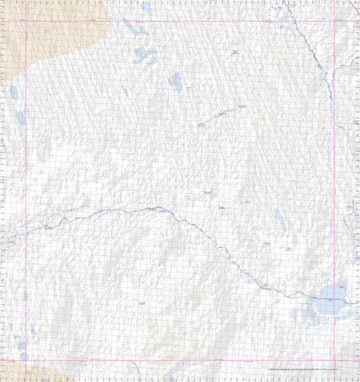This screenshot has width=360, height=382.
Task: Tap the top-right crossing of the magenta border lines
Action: [x=334, y=21]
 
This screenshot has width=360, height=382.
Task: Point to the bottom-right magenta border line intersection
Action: [x=334, y=360]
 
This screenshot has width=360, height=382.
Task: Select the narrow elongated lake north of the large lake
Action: [x=280, y=219]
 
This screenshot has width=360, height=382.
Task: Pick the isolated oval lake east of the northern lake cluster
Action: [x=175, y=81]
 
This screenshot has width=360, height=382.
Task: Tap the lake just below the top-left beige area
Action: [x=13, y=94]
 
